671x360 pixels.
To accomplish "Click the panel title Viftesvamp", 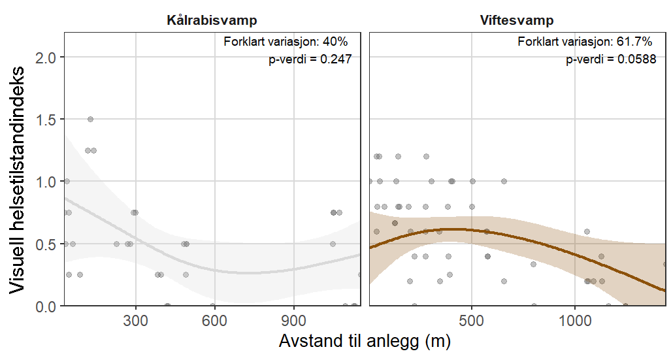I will tap(517, 20).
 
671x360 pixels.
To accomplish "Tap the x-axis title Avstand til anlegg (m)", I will tap(365, 342).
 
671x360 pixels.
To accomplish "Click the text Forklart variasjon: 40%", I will tap(287, 42).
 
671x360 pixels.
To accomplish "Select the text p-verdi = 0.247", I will tap(311, 59).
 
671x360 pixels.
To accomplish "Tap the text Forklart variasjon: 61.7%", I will tap(585, 42).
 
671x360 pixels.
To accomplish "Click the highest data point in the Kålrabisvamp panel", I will tap(90, 119).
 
